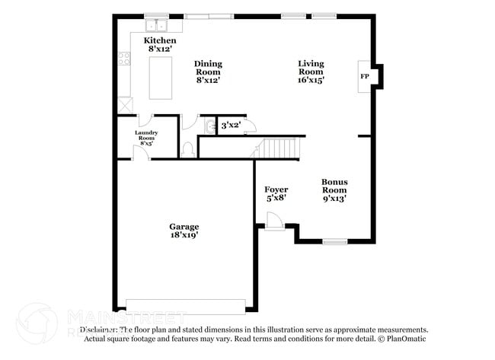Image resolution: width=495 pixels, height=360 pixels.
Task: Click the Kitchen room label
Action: pos(161,44)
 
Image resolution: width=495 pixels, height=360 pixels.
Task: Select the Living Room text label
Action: pos(311,72)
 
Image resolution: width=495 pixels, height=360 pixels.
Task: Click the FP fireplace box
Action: pos(365,77)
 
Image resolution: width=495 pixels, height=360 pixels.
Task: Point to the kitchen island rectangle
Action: pos(161,78)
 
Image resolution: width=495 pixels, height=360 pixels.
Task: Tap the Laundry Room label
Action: pos(146,137)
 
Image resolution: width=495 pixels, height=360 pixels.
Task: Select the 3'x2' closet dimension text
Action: pos(231,125)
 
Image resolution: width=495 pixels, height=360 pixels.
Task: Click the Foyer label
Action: pos(276,193)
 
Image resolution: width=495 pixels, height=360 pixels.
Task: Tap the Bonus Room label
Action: pos(334,190)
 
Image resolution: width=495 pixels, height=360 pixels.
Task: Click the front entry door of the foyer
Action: pos(273,222)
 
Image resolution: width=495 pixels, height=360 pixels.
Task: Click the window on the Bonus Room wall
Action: pos(334,242)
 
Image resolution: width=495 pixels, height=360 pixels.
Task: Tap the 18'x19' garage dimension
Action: pos(184,236)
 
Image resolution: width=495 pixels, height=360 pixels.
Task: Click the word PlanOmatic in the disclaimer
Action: pos(407,339)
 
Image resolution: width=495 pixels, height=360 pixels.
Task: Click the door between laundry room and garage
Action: pos(140,153)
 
